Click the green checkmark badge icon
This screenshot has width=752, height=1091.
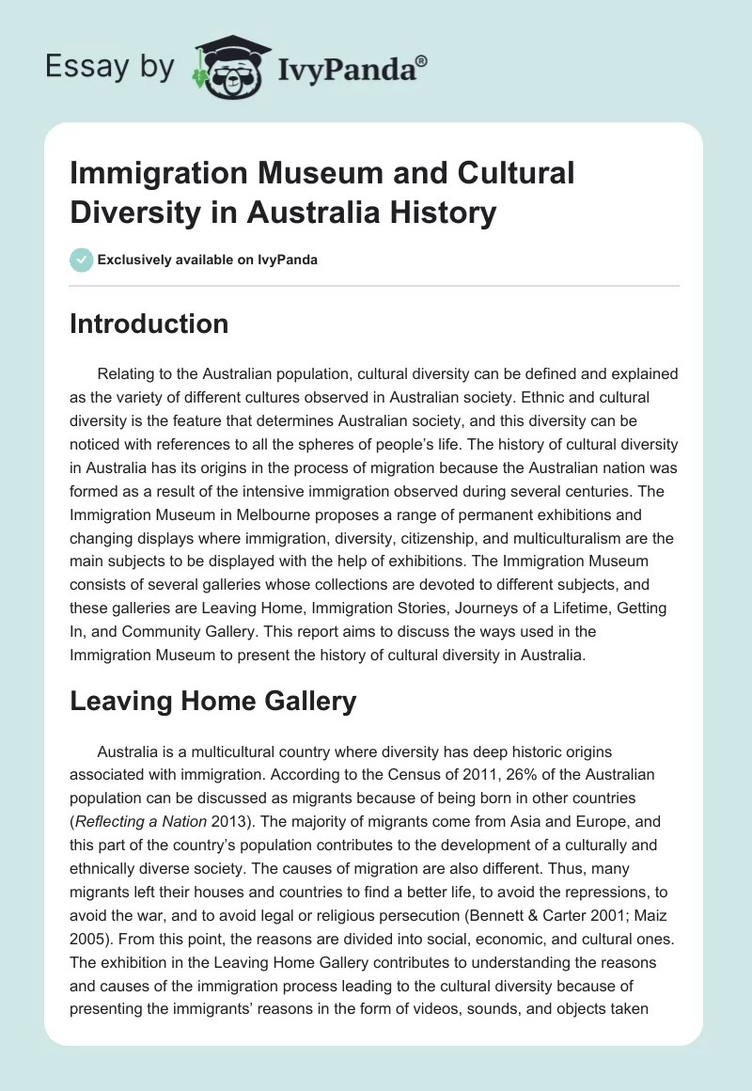[81, 260]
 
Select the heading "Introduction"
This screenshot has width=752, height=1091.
[149, 324]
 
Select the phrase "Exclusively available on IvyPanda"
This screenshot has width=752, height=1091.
[209, 260]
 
